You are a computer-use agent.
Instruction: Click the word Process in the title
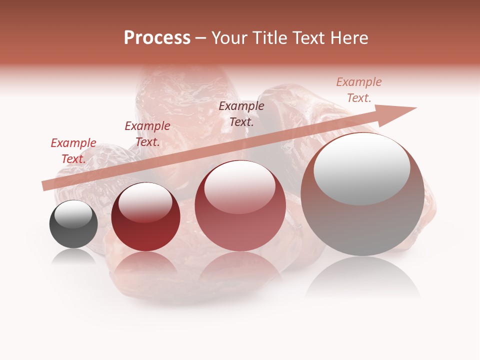coord(157,38)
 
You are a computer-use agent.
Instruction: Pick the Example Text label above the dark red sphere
coord(147,134)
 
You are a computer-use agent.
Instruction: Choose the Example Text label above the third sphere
coord(241,113)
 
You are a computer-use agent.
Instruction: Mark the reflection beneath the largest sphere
coord(362,280)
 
